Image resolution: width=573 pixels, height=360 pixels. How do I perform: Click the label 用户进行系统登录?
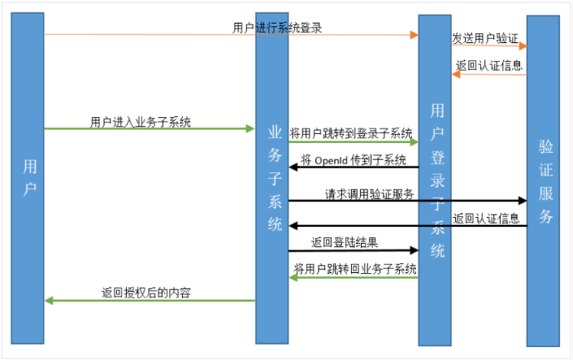277,28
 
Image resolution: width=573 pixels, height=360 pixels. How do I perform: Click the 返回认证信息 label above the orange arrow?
489,66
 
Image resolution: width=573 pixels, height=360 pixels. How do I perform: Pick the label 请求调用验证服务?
370,193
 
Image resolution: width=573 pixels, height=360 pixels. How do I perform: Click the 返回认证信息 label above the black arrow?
486,218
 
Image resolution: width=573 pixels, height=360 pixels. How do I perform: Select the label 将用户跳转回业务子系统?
355,269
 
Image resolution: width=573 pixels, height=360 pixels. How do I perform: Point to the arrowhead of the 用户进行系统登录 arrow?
414,35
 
